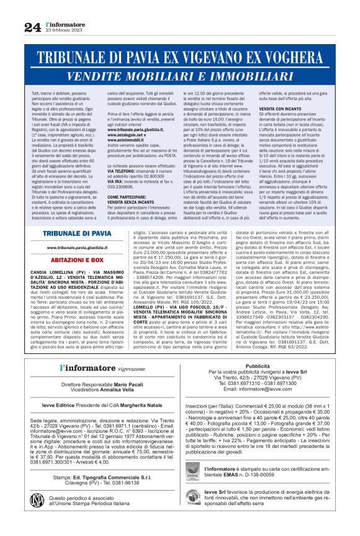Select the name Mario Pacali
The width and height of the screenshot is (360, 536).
tap(113, 385)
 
